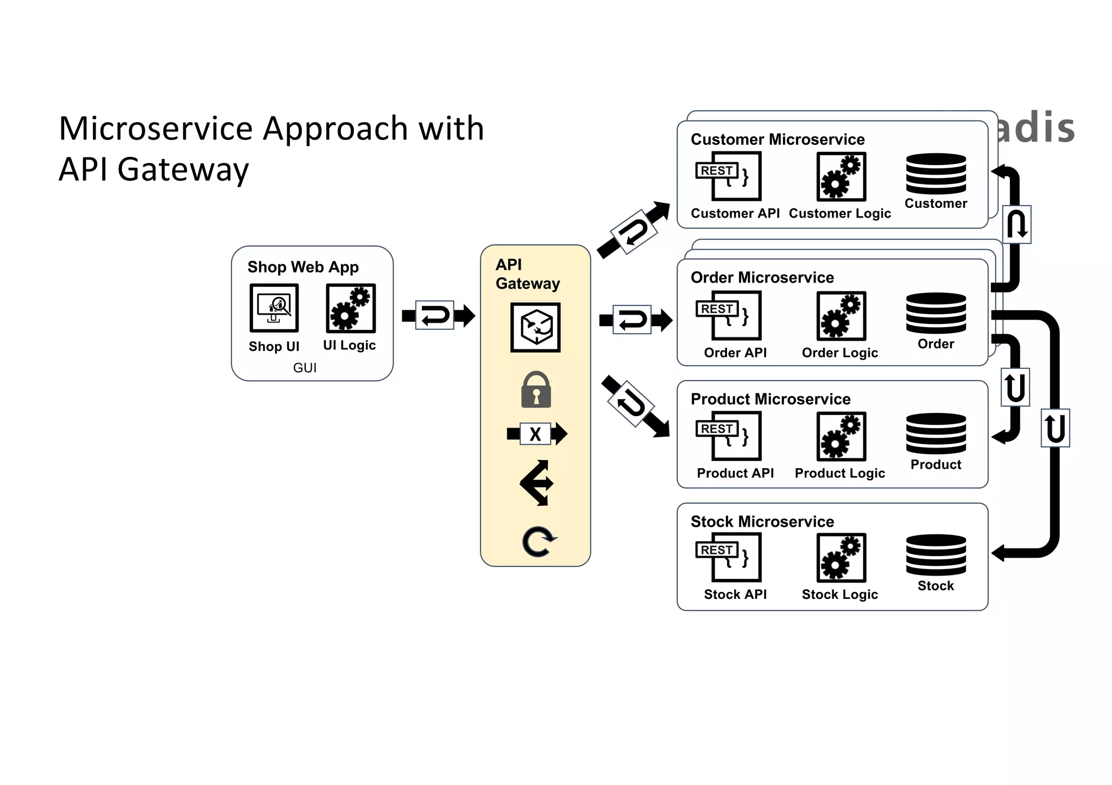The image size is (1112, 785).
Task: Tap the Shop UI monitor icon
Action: [x=274, y=308]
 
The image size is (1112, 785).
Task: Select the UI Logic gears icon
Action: [x=351, y=308]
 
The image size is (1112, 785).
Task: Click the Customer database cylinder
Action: [x=936, y=174]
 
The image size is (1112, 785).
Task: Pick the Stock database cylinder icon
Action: [x=936, y=555]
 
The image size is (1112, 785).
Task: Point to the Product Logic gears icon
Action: [x=841, y=436]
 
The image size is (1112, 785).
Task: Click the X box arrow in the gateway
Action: [x=536, y=434]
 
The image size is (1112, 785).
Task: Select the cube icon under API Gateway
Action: [x=535, y=328]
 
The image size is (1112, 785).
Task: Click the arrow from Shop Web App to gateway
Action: [x=438, y=315]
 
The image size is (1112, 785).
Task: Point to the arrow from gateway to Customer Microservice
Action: [x=634, y=231]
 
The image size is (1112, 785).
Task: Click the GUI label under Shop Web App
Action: [x=305, y=368]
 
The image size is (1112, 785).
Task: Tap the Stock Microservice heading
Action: [x=762, y=521]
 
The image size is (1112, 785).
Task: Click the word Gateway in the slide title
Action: [x=183, y=169]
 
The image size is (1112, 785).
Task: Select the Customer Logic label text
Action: [x=839, y=213]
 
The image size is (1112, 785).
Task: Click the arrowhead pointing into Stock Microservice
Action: [x=998, y=553]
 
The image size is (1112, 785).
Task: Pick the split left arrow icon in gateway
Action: [x=536, y=483]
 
